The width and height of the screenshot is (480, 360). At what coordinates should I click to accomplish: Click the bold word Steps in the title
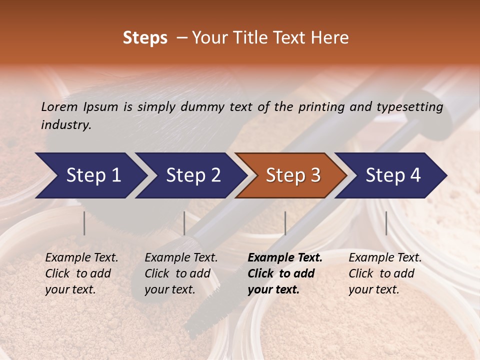[145, 38]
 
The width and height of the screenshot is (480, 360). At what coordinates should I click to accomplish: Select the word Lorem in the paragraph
[59, 106]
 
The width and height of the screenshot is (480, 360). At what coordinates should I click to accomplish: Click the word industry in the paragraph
[66, 125]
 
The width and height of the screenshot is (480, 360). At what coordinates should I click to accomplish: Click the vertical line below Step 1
[84, 223]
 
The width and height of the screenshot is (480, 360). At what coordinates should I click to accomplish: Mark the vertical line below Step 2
[184, 223]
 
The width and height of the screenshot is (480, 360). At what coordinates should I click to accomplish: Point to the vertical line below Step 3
[285, 223]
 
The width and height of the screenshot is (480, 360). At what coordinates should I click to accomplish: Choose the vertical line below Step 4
[386, 223]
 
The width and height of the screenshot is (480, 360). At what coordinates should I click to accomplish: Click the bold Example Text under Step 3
[285, 258]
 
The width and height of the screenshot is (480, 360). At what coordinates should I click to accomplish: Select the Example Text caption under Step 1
[81, 258]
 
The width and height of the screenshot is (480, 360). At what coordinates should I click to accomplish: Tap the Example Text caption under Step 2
[181, 258]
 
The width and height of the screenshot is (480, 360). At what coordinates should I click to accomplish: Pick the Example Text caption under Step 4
[385, 258]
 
